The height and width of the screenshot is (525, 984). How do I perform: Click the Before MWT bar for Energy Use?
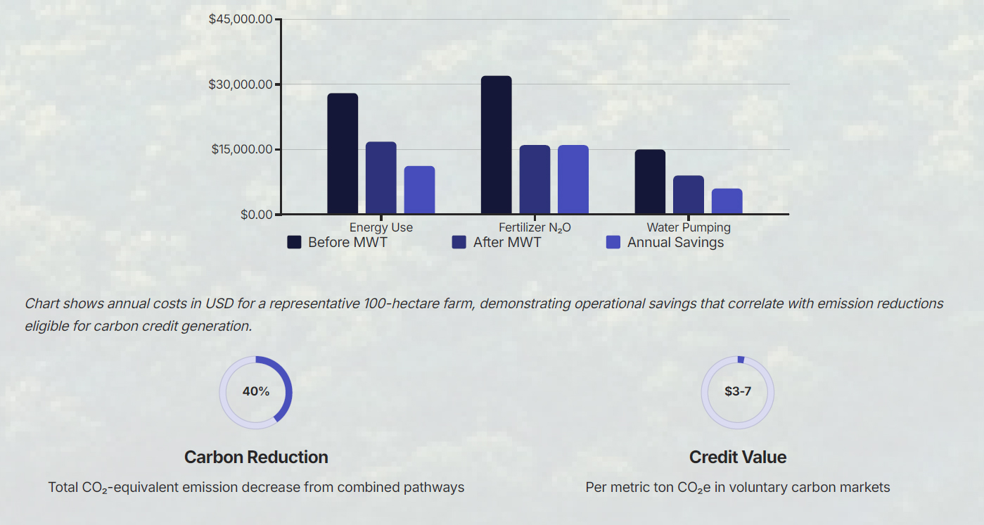tap(343, 153)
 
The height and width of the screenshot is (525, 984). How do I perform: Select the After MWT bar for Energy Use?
tap(381, 178)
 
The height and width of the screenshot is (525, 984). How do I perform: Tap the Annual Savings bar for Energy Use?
tap(419, 190)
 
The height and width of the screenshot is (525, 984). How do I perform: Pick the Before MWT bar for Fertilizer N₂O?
tap(497, 145)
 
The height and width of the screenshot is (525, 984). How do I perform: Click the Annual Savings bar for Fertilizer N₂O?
tap(573, 179)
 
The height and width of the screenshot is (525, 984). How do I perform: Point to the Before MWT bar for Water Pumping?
tap(650, 182)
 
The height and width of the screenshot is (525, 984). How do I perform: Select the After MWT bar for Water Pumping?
tap(689, 195)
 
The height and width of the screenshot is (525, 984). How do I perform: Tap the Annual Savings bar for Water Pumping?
tap(727, 201)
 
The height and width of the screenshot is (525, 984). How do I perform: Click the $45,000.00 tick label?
tap(241, 19)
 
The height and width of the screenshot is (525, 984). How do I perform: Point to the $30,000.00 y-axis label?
tap(241, 84)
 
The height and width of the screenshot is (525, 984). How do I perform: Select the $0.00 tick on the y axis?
tap(256, 215)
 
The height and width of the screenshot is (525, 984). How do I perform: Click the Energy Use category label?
tap(381, 227)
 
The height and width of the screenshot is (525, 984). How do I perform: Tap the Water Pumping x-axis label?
tap(689, 227)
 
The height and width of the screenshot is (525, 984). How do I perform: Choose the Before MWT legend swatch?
tap(294, 242)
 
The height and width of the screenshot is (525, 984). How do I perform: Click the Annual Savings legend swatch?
tap(613, 242)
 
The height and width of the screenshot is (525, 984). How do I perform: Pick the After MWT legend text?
tap(507, 242)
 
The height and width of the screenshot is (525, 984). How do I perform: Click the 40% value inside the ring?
tap(256, 391)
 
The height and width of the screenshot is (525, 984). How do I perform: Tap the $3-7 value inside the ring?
tap(738, 391)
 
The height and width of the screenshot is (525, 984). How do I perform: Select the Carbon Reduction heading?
tap(256, 457)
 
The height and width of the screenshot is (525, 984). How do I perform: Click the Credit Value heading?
tap(738, 457)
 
